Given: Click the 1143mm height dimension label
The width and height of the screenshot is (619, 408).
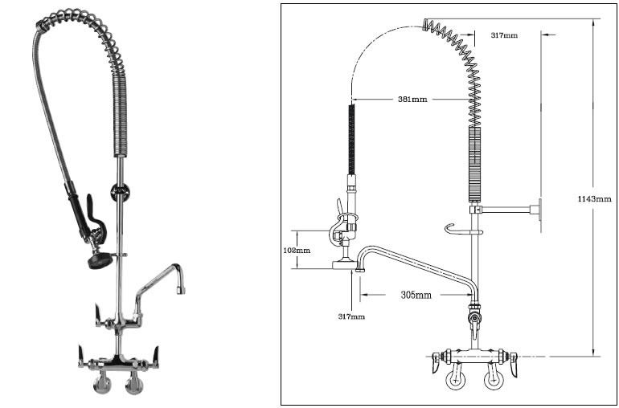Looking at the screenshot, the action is click(594, 199).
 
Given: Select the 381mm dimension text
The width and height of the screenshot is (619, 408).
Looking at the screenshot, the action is click(412, 100).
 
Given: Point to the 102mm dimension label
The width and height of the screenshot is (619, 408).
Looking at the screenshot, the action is click(297, 250).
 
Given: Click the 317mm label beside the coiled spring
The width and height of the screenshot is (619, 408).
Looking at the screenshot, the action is click(504, 35).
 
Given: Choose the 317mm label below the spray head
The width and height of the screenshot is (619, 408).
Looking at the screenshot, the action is click(351, 316).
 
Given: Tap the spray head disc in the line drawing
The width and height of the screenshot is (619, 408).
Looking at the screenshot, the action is click(343, 264).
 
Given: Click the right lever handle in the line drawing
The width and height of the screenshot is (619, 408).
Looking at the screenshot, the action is click(513, 364).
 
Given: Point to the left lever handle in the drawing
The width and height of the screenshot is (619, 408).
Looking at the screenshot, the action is click(437, 362).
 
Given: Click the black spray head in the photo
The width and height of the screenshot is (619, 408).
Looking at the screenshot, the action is click(100, 260).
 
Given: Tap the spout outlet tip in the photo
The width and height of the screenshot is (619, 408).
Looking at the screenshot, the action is click(181, 290).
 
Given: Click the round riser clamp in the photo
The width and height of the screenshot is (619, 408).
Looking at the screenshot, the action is click(120, 192).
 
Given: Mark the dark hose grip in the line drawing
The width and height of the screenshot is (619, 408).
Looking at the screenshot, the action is click(351, 139).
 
